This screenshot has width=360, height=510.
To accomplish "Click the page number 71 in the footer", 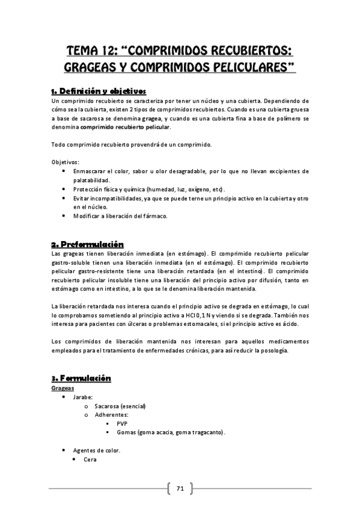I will [x=180, y=488].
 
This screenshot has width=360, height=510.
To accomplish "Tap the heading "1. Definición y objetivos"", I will [x=99, y=91].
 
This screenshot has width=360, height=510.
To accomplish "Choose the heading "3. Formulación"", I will [x=81, y=378].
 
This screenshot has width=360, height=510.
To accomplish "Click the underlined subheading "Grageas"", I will [x=63, y=389].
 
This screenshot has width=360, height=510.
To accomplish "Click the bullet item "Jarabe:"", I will [x=84, y=398].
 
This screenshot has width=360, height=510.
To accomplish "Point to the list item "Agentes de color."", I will [x=96, y=450].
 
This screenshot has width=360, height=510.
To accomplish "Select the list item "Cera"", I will [x=91, y=459].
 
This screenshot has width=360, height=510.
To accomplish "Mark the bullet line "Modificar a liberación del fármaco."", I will [x=120, y=216].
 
